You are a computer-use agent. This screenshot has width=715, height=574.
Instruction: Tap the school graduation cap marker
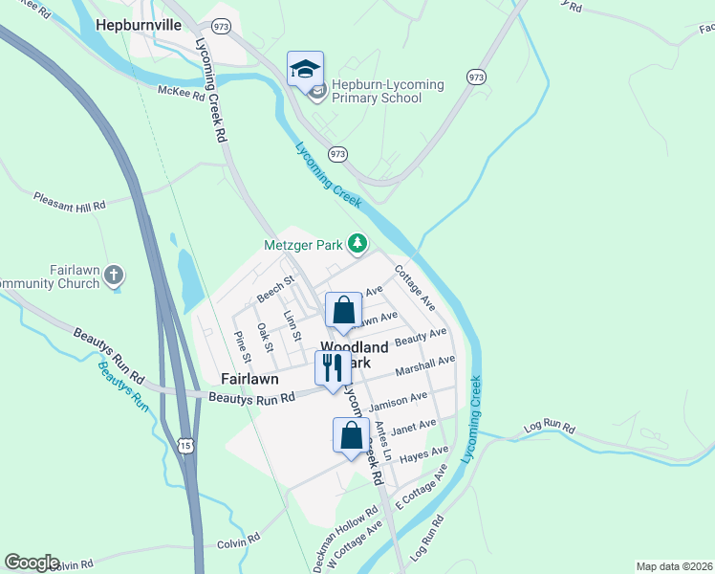306,70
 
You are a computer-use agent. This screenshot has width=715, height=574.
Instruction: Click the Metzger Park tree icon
357,245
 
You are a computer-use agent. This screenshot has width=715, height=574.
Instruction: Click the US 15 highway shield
185,446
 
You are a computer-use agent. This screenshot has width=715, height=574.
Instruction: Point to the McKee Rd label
182,94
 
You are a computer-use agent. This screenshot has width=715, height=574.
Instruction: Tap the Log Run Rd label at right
552,427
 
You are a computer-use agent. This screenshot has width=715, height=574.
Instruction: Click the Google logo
32,563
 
